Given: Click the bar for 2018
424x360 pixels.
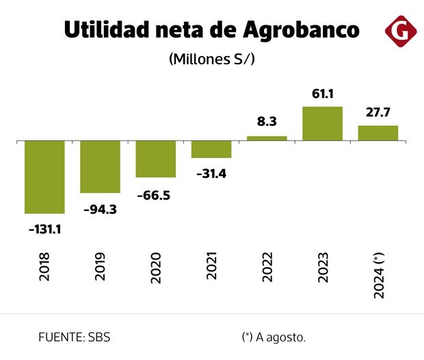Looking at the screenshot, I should coord(44,177).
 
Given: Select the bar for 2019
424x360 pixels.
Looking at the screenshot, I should coord(100,167).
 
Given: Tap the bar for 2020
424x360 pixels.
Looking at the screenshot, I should coord(155,159).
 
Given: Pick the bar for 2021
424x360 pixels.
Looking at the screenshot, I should coord(211,149).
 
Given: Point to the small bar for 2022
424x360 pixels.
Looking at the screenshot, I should coord(267,138).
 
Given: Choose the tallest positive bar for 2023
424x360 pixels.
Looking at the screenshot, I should coord(322,124).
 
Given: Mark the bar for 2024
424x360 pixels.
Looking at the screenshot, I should coord(378,133).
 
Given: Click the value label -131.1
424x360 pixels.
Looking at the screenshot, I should coord(45,229).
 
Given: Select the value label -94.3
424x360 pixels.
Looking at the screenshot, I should coord(100,209).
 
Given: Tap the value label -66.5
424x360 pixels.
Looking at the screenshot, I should coord(155,195).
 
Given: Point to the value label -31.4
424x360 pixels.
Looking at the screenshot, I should coord(211,174).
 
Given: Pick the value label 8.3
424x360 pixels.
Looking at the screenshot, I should coord(267,121).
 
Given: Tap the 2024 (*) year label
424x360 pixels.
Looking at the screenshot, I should coord(378,274).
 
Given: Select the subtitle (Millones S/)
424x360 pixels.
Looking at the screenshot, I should coord(211,59).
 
